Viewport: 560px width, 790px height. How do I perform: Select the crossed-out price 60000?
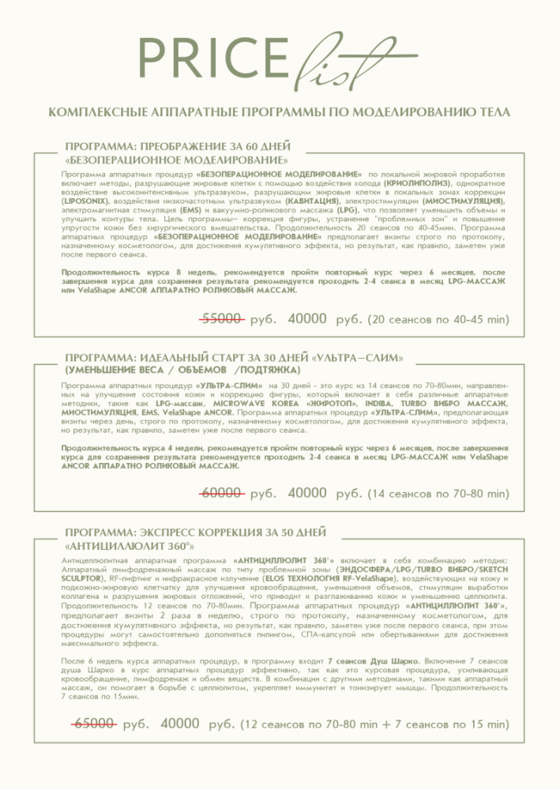221,493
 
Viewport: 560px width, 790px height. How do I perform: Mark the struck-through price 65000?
95,723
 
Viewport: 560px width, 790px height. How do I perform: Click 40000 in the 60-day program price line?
307,319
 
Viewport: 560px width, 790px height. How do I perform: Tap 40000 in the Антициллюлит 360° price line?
180,723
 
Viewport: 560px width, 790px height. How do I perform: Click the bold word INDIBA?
374,403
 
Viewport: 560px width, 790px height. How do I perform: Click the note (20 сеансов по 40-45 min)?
439,319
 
